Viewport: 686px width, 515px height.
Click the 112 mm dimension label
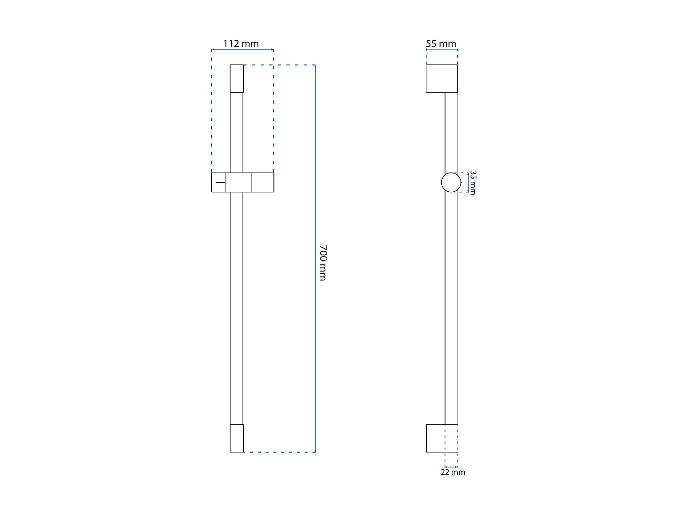(241, 43)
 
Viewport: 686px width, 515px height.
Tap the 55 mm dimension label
(441, 43)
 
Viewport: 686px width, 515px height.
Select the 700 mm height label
(323, 263)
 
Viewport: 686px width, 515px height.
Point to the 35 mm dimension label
(473, 183)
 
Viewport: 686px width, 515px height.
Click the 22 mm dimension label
(453, 472)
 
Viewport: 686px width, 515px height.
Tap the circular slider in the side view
(451, 182)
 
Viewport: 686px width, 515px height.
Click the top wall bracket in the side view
(442, 78)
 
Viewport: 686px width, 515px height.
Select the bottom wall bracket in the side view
(442, 438)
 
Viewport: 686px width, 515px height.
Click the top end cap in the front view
(236, 78)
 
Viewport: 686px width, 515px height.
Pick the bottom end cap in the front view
(236, 438)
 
